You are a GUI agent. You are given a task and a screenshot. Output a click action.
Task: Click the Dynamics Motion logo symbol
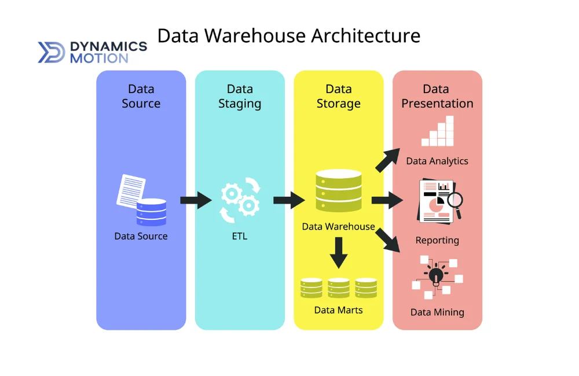click(52, 52)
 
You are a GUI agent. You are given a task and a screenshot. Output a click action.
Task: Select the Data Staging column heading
click(240, 96)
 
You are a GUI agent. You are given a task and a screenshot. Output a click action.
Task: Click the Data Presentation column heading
click(437, 96)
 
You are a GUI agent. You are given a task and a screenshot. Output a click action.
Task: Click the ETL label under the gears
click(240, 236)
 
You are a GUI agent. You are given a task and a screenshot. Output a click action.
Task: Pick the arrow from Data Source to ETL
click(196, 201)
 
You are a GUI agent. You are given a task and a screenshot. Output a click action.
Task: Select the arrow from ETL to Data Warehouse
click(289, 201)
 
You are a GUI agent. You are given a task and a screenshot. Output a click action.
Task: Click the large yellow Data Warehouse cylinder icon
click(339, 190)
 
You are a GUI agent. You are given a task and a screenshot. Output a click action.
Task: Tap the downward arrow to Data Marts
click(339, 253)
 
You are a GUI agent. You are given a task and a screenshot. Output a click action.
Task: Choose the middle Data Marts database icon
click(339, 287)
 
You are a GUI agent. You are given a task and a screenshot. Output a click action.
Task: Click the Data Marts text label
click(339, 310)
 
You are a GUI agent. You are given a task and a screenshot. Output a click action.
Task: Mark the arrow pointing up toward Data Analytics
click(387, 160)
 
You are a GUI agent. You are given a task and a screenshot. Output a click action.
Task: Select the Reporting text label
click(437, 240)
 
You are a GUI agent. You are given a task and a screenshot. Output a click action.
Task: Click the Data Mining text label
click(437, 312)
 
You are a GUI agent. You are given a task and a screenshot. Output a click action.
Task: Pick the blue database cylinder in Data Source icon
click(151, 212)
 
